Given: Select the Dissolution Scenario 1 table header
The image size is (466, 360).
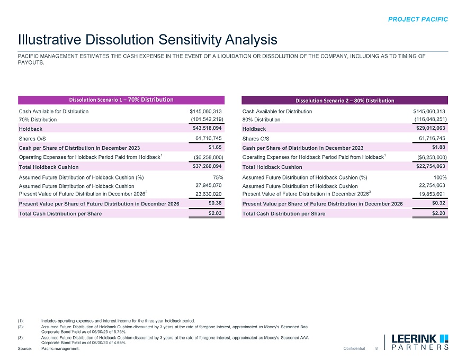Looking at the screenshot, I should click(122, 100).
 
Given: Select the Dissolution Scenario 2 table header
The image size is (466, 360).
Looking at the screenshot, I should click(345, 100).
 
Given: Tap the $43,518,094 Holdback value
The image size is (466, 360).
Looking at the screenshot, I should click(207, 128).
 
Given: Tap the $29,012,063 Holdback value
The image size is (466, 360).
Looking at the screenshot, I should click(429, 128).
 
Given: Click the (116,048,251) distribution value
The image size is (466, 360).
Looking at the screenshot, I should click(429, 119).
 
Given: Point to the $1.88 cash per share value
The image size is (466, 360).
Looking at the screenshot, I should click(438, 147).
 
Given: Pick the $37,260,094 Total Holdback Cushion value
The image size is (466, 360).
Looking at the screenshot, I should click(207, 166).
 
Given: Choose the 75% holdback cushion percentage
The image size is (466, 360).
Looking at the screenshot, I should click(217, 177).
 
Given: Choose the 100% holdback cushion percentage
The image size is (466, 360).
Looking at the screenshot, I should click(439, 177).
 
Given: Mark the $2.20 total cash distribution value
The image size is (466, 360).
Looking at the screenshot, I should click(438, 213).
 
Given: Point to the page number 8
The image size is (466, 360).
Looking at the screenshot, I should click(375, 348).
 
